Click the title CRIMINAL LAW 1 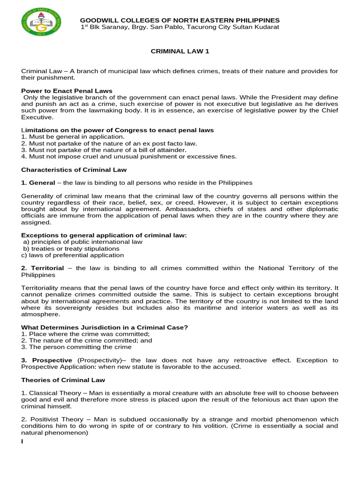[180, 52]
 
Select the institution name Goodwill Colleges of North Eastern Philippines [180, 20]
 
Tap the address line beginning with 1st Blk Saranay [180, 27]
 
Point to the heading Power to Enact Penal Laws [67, 90]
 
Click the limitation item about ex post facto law [109, 143]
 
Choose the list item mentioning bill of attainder [104, 150]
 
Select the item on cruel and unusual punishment [129, 156]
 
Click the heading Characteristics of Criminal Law [74, 169]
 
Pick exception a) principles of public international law [82, 242]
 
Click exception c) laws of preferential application [73, 255]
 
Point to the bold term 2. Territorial [42, 268]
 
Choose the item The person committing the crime [76, 347]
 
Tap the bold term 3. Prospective [47, 360]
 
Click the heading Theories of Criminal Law [63, 380]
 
